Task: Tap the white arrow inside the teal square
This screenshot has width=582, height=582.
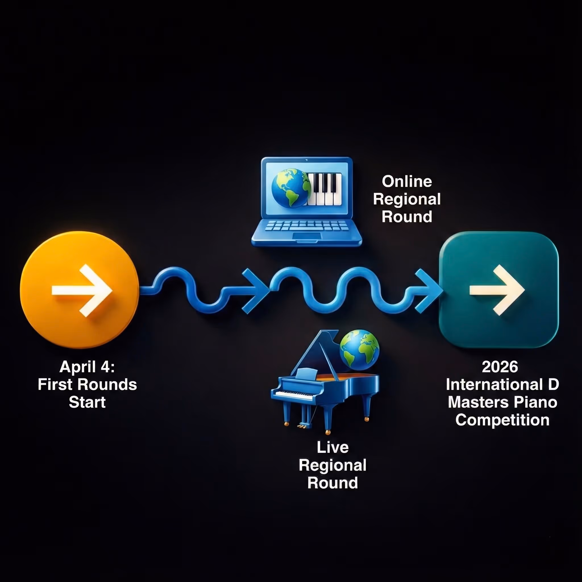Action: click(x=497, y=290)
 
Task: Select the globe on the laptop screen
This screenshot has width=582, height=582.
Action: click(x=290, y=188)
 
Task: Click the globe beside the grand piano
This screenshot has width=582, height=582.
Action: click(x=359, y=350)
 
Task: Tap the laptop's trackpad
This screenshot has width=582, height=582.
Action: click(x=307, y=236)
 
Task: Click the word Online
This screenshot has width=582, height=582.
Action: click(x=407, y=182)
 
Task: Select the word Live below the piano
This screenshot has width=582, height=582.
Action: click(x=332, y=447)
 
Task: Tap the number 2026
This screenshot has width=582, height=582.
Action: click(x=500, y=367)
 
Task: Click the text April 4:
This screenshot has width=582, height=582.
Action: click(x=87, y=367)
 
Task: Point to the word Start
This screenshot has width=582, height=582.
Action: click(x=87, y=402)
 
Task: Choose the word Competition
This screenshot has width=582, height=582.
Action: click(x=502, y=420)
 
